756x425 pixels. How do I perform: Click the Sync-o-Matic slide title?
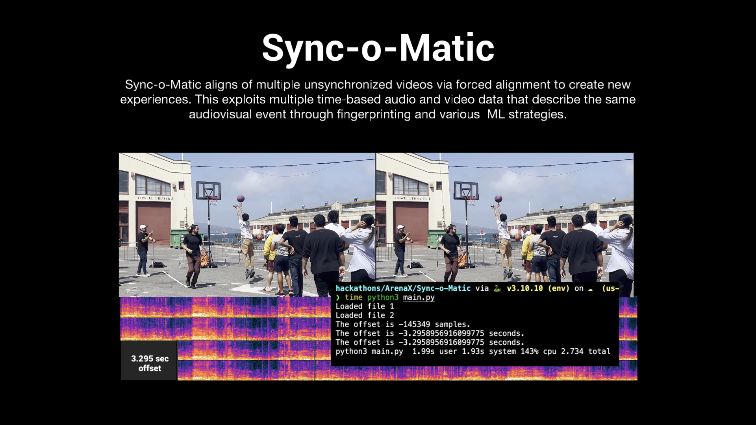tap(378, 48)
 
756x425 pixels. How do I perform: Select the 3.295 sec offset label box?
tap(149, 363)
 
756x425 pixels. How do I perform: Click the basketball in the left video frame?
tap(241, 198)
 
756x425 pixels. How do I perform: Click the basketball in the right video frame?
tap(498, 198)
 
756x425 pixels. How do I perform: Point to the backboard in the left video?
tap(208, 190)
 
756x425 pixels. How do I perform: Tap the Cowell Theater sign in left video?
tap(154, 198)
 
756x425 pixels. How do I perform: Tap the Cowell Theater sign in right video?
tap(411, 198)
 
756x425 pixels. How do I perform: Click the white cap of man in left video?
tap(143, 227)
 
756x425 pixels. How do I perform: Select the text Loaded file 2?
tap(365, 315)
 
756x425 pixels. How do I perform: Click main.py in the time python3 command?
tap(419, 297)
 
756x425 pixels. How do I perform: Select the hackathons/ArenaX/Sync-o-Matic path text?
tap(403, 288)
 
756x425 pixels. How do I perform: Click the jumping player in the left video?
tap(246, 240)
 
